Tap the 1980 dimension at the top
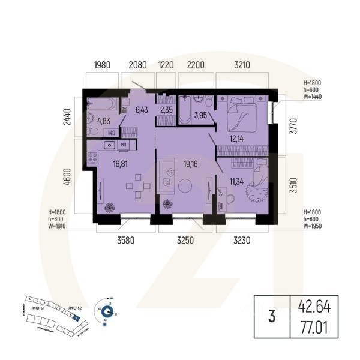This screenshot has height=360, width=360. [103, 65]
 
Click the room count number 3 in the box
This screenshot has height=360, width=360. [272, 318]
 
